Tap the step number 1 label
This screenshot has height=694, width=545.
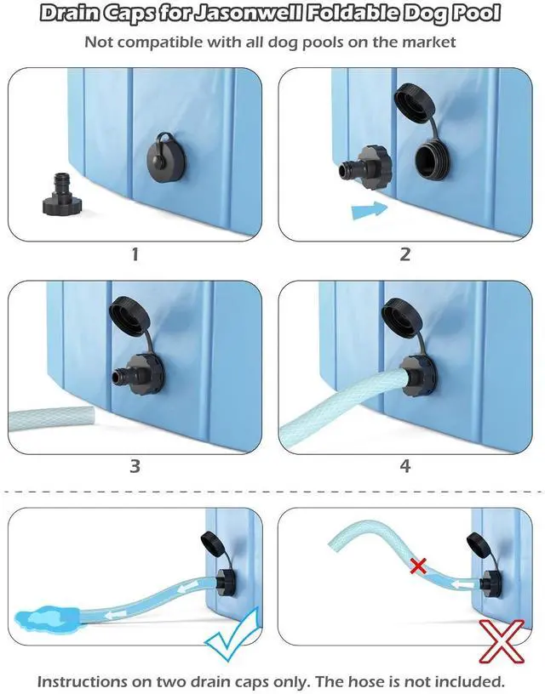tap(135, 254)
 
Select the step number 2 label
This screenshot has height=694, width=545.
tap(405, 254)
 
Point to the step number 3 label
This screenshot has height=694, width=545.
tap(135, 466)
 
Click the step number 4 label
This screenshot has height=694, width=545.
tap(405, 466)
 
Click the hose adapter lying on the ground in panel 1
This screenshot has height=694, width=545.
tap(62, 195)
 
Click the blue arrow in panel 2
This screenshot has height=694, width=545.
tap(370, 209)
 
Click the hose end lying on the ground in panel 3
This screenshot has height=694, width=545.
tap(52, 419)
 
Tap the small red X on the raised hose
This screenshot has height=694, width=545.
tap(418, 566)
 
